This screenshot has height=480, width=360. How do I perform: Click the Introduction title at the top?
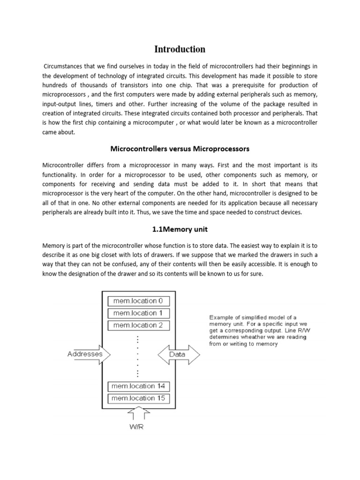point(180,49)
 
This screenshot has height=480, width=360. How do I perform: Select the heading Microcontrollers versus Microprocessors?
point(180,149)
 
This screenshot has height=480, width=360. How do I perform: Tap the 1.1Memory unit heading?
point(180,230)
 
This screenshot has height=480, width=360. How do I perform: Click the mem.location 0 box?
point(138,301)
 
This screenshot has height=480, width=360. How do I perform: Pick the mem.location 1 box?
point(138,313)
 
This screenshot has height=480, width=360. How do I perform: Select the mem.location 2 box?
point(138,325)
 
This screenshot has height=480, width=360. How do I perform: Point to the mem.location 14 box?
point(138,386)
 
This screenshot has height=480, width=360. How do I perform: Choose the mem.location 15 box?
point(138,398)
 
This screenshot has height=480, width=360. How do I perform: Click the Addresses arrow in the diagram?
point(87,354)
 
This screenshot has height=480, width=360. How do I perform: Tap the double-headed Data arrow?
point(177,355)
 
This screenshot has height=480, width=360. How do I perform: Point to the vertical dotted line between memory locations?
point(138,356)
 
